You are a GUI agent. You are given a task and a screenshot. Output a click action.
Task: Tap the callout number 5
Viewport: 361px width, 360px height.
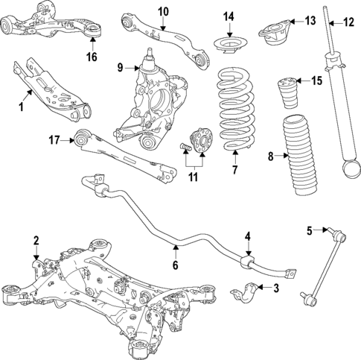tap(309, 230)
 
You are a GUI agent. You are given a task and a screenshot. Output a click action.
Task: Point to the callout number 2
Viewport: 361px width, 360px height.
tap(35, 239)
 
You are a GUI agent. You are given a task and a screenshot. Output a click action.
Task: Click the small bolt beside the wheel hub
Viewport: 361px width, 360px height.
tap(182, 148)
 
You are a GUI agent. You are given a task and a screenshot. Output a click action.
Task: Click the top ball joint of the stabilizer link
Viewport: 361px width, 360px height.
tap(342, 237)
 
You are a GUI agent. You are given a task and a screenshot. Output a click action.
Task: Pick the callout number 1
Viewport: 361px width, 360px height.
tap(22, 107)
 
